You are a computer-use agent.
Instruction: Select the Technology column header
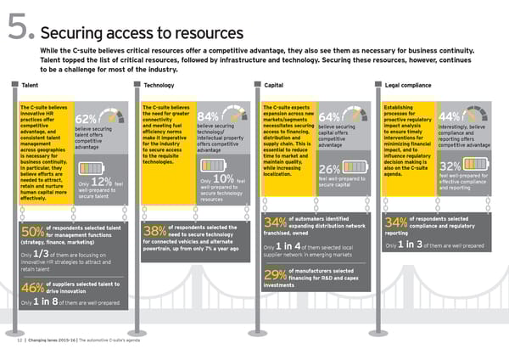tap(159, 86)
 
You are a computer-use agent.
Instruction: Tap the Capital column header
tap(274, 86)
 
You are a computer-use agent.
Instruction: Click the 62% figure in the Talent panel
tap(86, 119)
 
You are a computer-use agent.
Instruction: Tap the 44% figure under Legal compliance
tap(451, 117)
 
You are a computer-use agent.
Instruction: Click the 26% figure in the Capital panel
tap(330, 168)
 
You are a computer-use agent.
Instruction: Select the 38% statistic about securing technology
tap(154, 231)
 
